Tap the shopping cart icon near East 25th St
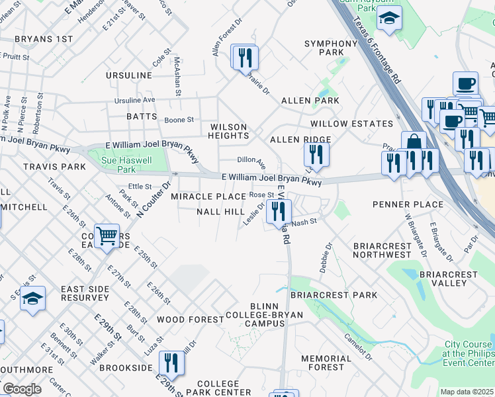(x=106, y=236)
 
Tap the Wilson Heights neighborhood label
(x=228, y=131)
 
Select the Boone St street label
(x=179, y=120)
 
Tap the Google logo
(x=21, y=389)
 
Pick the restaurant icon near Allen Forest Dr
(x=246, y=58)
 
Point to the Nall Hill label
(x=220, y=212)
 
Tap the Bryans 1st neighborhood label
(x=45, y=39)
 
